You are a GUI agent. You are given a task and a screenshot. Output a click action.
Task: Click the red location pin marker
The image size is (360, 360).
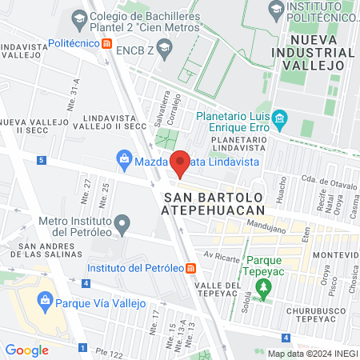click(x=181, y=163)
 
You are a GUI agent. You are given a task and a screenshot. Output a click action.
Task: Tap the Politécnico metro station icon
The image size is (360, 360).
click(x=107, y=45)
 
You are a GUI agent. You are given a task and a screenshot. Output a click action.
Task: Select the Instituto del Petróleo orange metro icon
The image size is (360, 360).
click(x=190, y=268)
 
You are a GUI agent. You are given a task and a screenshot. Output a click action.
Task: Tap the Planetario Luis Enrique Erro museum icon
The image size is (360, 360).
click(x=279, y=121)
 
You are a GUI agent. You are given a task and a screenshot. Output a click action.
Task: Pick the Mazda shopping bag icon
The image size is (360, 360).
click(x=125, y=160)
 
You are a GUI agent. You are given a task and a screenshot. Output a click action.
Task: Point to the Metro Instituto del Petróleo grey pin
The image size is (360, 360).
click(x=122, y=222)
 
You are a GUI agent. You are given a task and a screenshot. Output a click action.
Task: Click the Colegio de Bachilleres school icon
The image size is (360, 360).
click(x=79, y=16)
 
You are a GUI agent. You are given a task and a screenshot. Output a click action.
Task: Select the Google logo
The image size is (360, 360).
click(x=26, y=350)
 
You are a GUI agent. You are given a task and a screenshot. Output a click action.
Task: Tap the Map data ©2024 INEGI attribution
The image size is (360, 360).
click(x=311, y=353)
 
